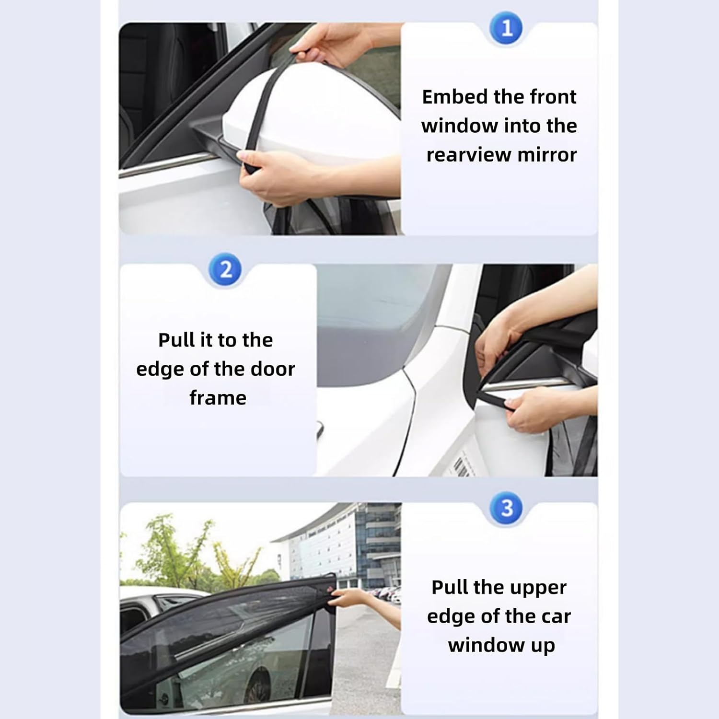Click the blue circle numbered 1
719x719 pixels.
507,28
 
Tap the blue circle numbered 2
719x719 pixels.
225,269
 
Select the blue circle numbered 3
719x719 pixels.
507,508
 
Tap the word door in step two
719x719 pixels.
272,369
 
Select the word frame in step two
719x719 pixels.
218,398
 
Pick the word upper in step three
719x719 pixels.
541,588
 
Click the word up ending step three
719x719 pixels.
542,646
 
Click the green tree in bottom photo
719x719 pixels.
177,551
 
